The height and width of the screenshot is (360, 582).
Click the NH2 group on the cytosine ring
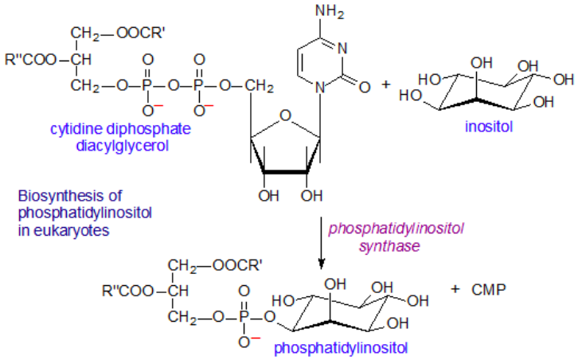pyautogui.click(x=330, y=11)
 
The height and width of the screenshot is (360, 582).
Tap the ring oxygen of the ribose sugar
pyautogui.click(x=285, y=115)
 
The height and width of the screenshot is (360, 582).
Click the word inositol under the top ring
pyautogui.click(x=489, y=127)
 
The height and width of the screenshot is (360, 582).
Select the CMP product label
pyautogui.click(x=489, y=289)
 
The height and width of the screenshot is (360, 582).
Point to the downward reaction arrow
pyautogui.click(x=322, y=243)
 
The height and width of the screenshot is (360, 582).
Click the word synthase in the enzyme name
pyautogui.click(x=389, y=246)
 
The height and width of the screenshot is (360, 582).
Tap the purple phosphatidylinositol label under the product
pyautogui.click(x=341, y=348)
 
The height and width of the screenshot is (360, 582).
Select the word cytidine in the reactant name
pyautogui.click(x=76, y=130)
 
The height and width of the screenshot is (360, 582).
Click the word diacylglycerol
pyautogui.click(x=122, y=146)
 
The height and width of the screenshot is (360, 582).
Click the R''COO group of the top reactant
pyautogui.click(x=30, y=60)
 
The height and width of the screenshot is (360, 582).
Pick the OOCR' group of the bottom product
pyautogui.click(x=237, y=265)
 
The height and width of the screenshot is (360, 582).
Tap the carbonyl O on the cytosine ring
pyautogui.click(x=365, y=88)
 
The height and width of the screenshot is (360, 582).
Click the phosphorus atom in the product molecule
pyautogui.click(x=244, y=317)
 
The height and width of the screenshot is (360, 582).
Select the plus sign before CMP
pyautogui.click(x=455, y=289)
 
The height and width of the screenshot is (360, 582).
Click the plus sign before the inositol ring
pyautogui.click(x=386, y=84)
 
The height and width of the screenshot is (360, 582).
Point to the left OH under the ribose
pyautogui.click(x=268, y=196)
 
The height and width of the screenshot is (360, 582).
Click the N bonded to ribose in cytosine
pyautogui.click(x=319, y=88)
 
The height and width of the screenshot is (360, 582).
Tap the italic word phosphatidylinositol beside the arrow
pyautogui.click(x=396, y=229)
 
